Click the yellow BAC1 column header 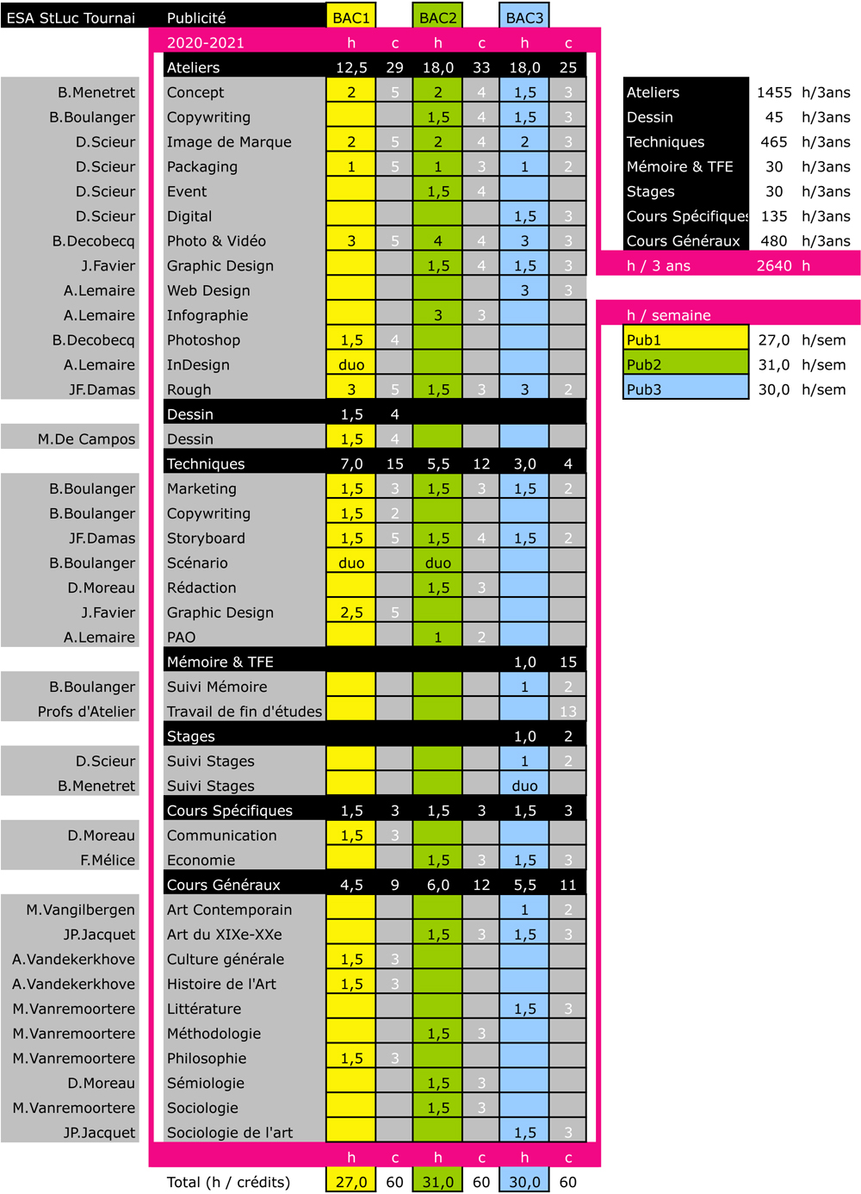[351, 17]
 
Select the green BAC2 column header [437, 17]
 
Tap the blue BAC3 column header [524, 17]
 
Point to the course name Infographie [208, 315]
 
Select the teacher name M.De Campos [86, 439]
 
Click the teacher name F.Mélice [108, 860]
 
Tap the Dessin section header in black [190, 414]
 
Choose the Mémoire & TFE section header [220, 662]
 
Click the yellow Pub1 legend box [685, 339]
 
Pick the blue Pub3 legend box [685, 389]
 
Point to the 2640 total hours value [774, 265]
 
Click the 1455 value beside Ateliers [774, 92]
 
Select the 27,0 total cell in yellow [351, 1182]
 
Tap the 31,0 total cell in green [437, 1182]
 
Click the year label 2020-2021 [206, 42]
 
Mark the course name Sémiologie [206, 1083]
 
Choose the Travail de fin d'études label [245, 712]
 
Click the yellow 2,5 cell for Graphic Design [351, 613]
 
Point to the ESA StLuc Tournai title [71, 17]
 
